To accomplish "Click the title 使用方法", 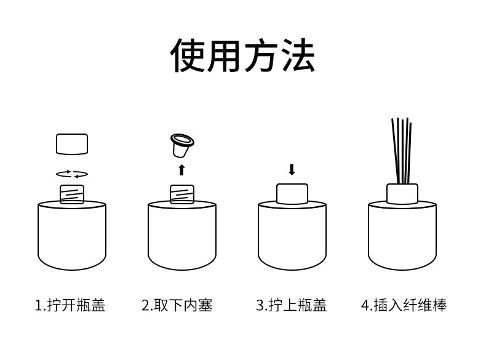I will (x=242, y=55).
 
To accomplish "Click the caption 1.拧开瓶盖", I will (x=70, y=305).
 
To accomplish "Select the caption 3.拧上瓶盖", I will (x=291, y=305).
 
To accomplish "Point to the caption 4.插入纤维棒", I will (x=404, y=305).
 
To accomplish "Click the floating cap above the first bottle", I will (x=72, y=144).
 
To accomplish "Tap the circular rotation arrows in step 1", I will (x=72, y=174).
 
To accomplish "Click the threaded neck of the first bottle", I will (x=72, y=194).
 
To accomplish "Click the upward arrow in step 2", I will (x=181, y=170).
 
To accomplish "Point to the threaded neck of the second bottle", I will (x=182, y=194).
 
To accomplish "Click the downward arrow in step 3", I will (x=292, y=170).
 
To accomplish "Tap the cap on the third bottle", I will (x=292, y=194).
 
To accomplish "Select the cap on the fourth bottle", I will (x=402, y=194).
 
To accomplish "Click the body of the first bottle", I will (x=72, y=237).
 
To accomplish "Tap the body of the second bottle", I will (x=182, y=237).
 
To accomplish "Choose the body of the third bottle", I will (x=292, y=237).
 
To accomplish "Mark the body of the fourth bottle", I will (x=402, y=237).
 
